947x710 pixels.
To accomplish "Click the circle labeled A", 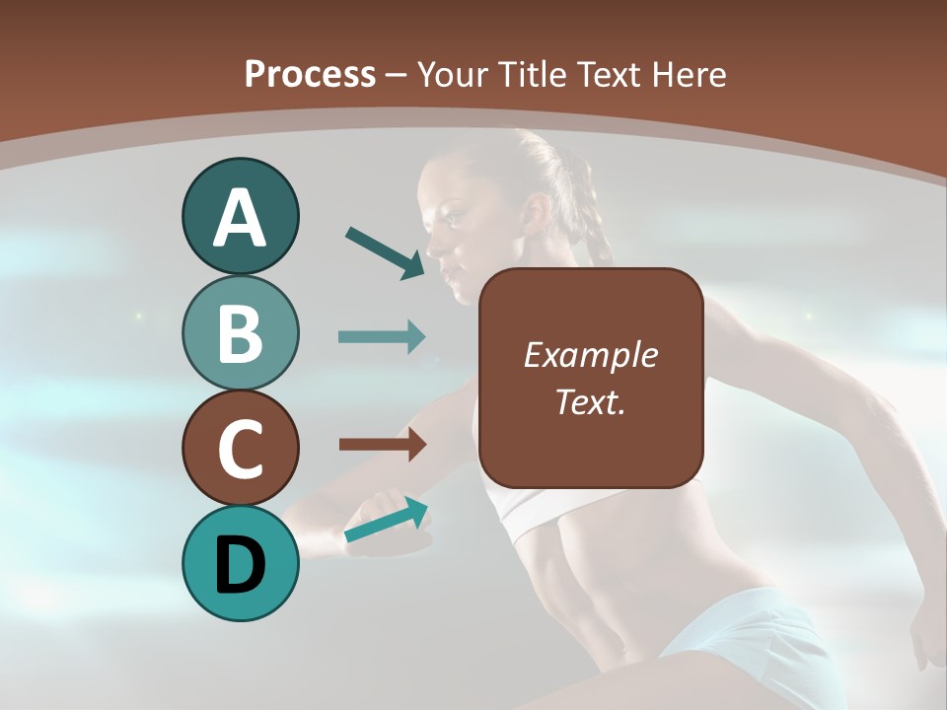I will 240,216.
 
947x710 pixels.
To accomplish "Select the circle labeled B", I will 240,332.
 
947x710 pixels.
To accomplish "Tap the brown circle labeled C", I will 240,448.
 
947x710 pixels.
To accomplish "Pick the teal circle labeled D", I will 240,563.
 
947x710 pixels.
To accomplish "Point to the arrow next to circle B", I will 382,336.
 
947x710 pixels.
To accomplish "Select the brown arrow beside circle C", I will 383,445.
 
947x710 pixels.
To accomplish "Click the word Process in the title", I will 310,74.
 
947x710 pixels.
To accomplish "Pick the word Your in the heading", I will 455,74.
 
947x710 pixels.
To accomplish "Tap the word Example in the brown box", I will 590,355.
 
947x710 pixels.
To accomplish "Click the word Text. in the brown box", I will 590,401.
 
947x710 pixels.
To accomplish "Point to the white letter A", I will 240,218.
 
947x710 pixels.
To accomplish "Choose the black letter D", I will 240,564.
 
